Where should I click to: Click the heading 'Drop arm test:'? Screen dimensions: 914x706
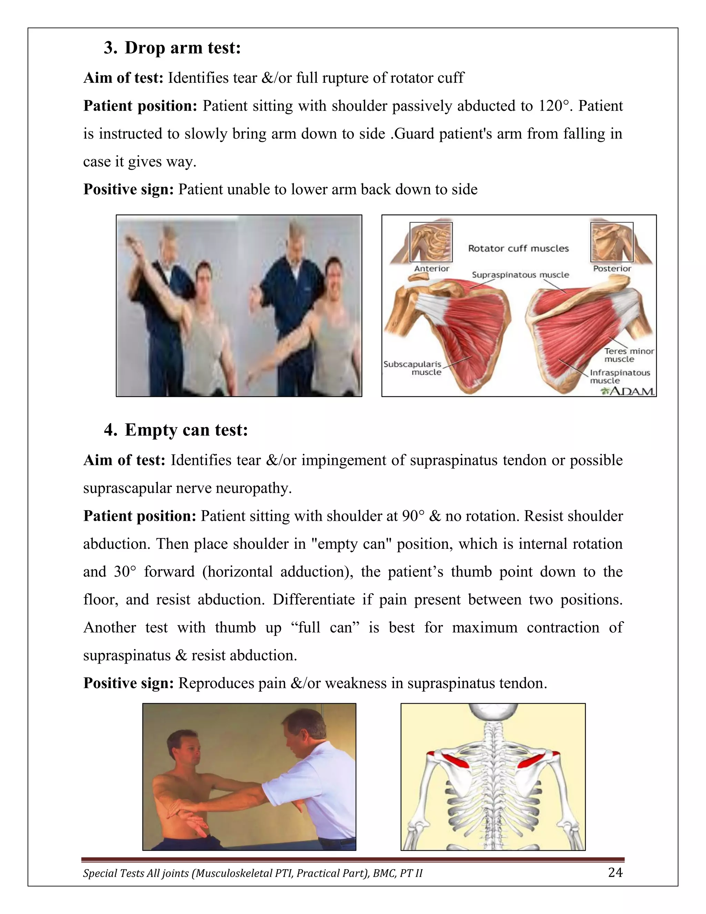(182, 48)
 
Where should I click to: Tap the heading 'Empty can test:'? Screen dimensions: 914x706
(186, 430)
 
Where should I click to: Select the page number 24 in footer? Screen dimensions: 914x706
(615, 873)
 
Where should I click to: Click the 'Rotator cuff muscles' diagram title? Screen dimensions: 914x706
(518, 249)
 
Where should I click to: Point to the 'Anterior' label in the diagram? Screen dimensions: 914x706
(431, 269)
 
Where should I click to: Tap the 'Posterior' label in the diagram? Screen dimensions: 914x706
(612, 269)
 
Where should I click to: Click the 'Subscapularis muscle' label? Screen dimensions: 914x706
(413, 368)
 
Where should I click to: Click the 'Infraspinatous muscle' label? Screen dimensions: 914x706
(619, 377)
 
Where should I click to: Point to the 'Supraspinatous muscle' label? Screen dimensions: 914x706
(520, 275)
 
